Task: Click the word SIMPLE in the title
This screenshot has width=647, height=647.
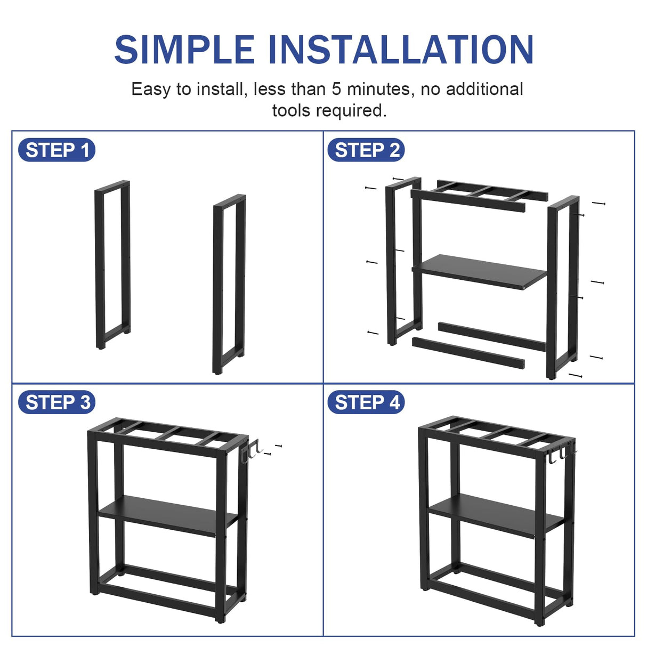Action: point(184,50)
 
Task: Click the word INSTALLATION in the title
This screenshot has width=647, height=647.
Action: point(400,50)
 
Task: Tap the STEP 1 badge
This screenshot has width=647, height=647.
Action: point(57,150)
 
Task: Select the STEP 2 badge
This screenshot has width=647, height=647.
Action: point(366,150)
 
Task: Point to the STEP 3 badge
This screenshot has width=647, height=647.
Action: point(57,402)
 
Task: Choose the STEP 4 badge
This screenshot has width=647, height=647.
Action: point(366,402)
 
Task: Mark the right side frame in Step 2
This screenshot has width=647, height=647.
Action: point(552,288)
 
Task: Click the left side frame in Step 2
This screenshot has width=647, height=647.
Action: point(391,261)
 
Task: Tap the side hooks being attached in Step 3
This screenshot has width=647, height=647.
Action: point(250,452)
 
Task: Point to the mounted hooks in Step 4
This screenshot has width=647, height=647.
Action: point(560,453)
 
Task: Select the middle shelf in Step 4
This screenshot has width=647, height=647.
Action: point(496,513)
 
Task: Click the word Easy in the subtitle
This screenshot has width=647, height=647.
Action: point(151,89)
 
